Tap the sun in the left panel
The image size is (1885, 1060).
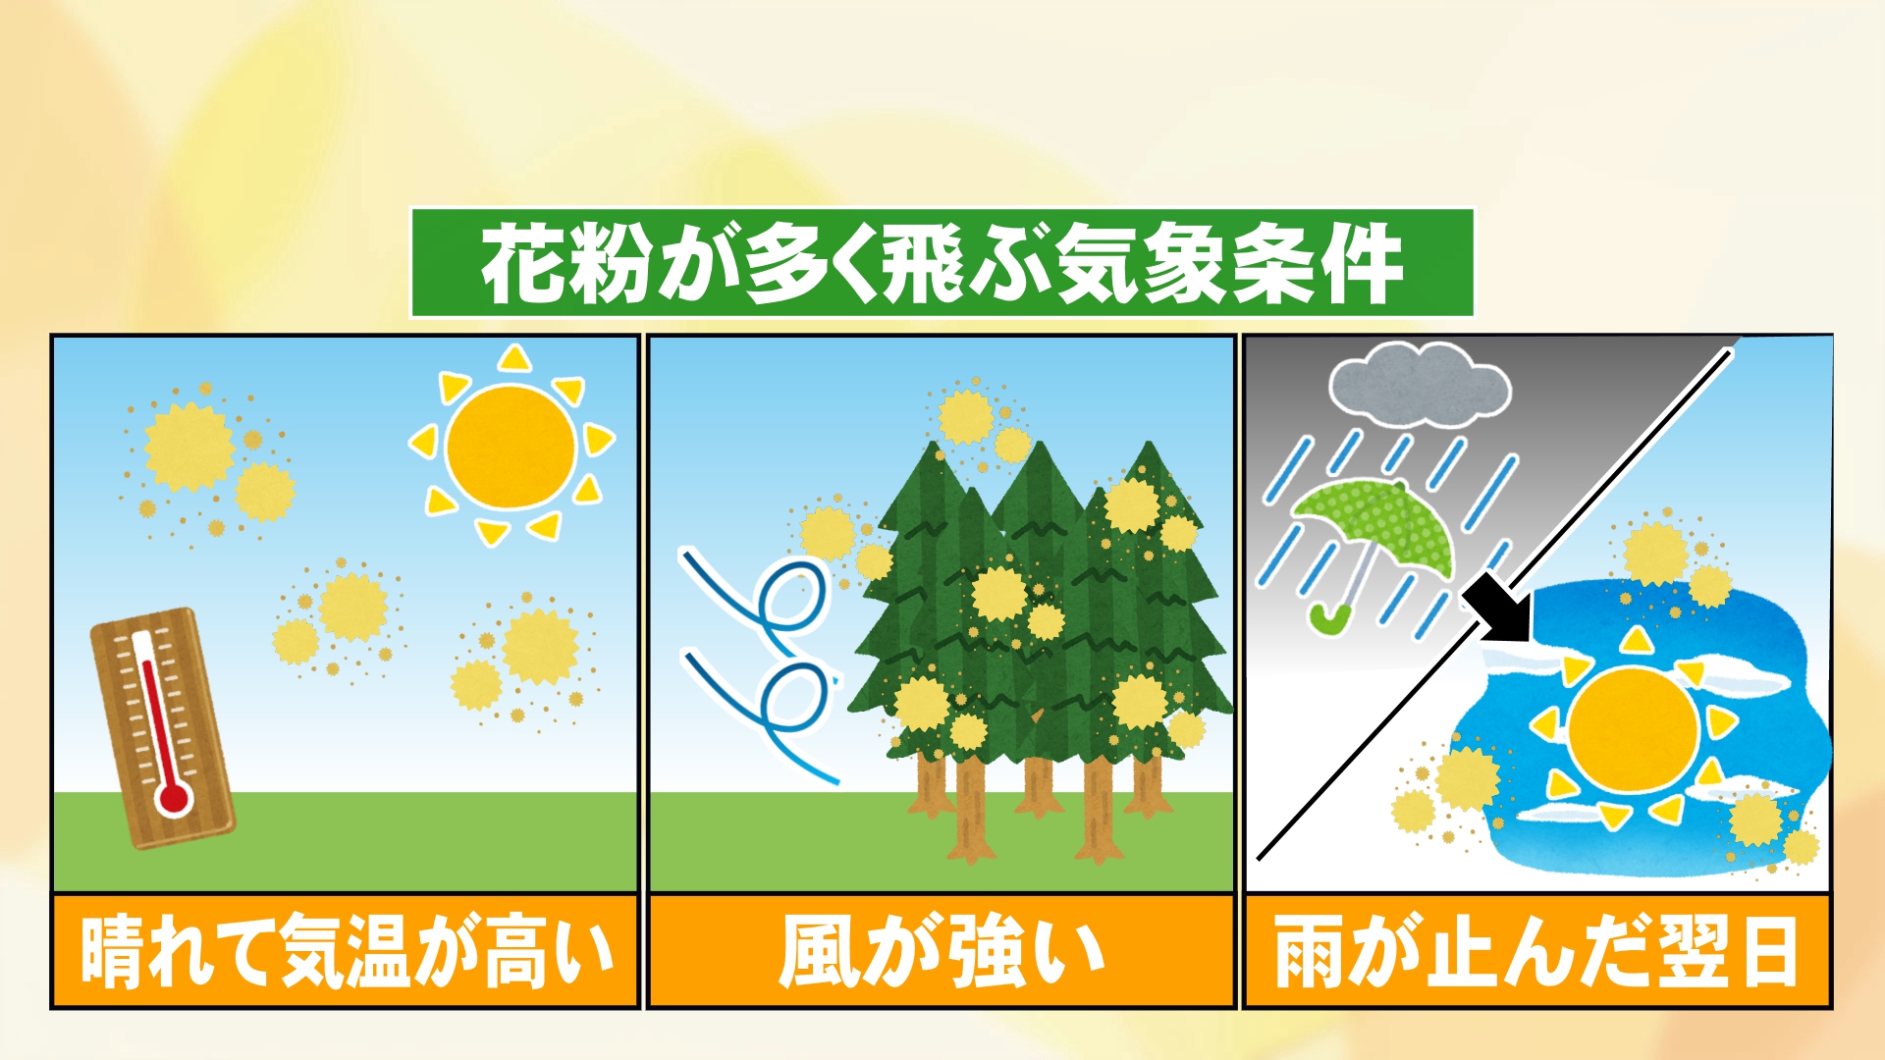[511, 447]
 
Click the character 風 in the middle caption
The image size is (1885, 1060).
[821, 951]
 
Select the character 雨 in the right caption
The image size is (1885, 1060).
[1311, 951]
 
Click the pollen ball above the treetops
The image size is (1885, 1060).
[968, 417]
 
